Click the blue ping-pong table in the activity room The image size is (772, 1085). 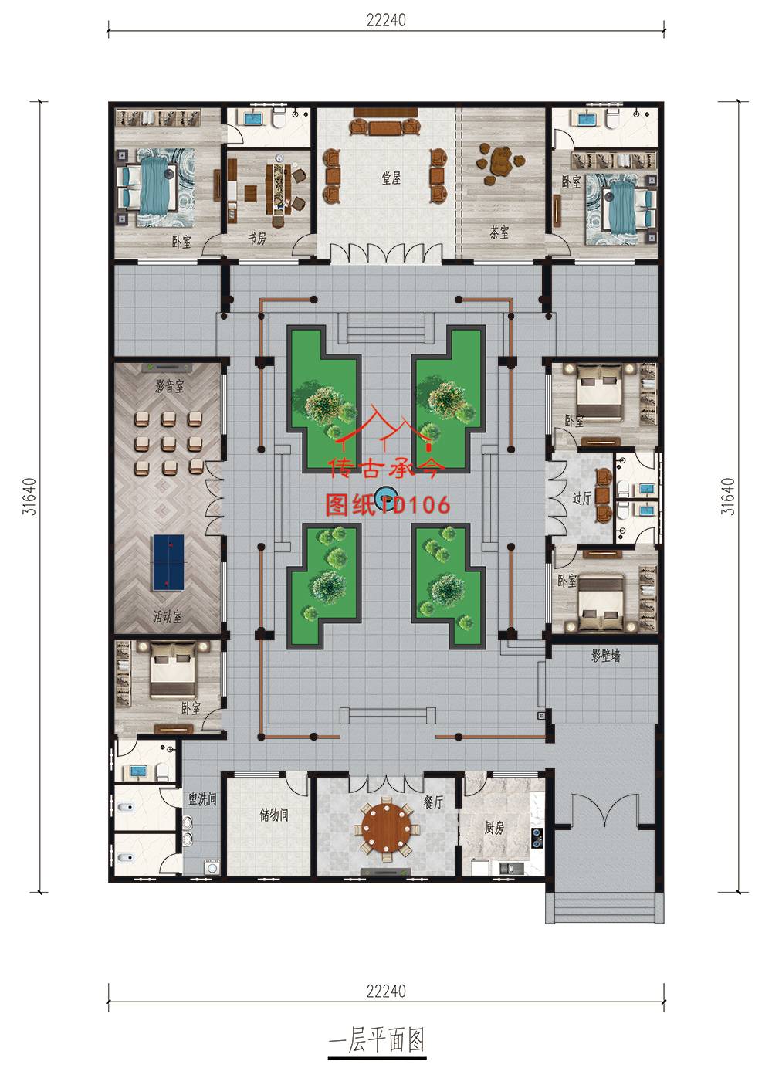click(x=168, y=562)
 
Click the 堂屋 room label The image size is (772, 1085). click(x=391, y=178)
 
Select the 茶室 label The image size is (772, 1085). click(x=499, y=232)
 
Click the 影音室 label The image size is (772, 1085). click(x=170, y=386)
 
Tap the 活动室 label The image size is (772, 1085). click(x=168, y=616)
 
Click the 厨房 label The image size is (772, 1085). click(x=494, y=827)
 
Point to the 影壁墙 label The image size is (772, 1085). click(x=605, y=656)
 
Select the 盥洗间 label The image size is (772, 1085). click(x=202, y=798)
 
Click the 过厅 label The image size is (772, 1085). click(x=581, y=497)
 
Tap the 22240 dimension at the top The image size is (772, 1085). click(x=386, y=20)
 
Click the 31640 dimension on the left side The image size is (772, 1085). click(x=29, y=496)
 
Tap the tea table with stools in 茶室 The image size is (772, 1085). click(x=500, y=162)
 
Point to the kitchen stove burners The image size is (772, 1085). click(x=537, y=839)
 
